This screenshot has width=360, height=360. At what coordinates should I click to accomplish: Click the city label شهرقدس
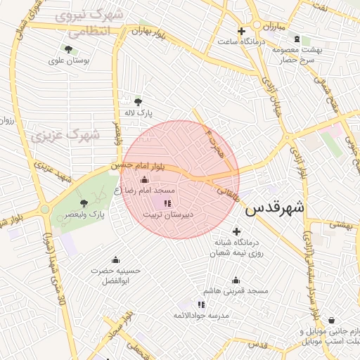275,208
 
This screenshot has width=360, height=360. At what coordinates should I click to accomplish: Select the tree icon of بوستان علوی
68,49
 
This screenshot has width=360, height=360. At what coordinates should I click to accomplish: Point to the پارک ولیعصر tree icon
85,202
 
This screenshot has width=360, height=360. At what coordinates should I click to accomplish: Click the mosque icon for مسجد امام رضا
145,180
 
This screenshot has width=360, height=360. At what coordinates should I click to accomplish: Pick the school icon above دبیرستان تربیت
167,203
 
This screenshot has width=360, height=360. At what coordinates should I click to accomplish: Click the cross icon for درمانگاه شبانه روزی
236,231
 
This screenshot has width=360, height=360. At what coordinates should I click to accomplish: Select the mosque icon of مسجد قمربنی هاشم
236,280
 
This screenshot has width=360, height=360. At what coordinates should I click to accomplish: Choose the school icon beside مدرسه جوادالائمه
201,304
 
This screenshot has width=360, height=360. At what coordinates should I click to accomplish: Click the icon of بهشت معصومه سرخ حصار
297,39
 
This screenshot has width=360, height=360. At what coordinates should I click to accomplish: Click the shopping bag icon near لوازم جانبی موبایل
331,321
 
